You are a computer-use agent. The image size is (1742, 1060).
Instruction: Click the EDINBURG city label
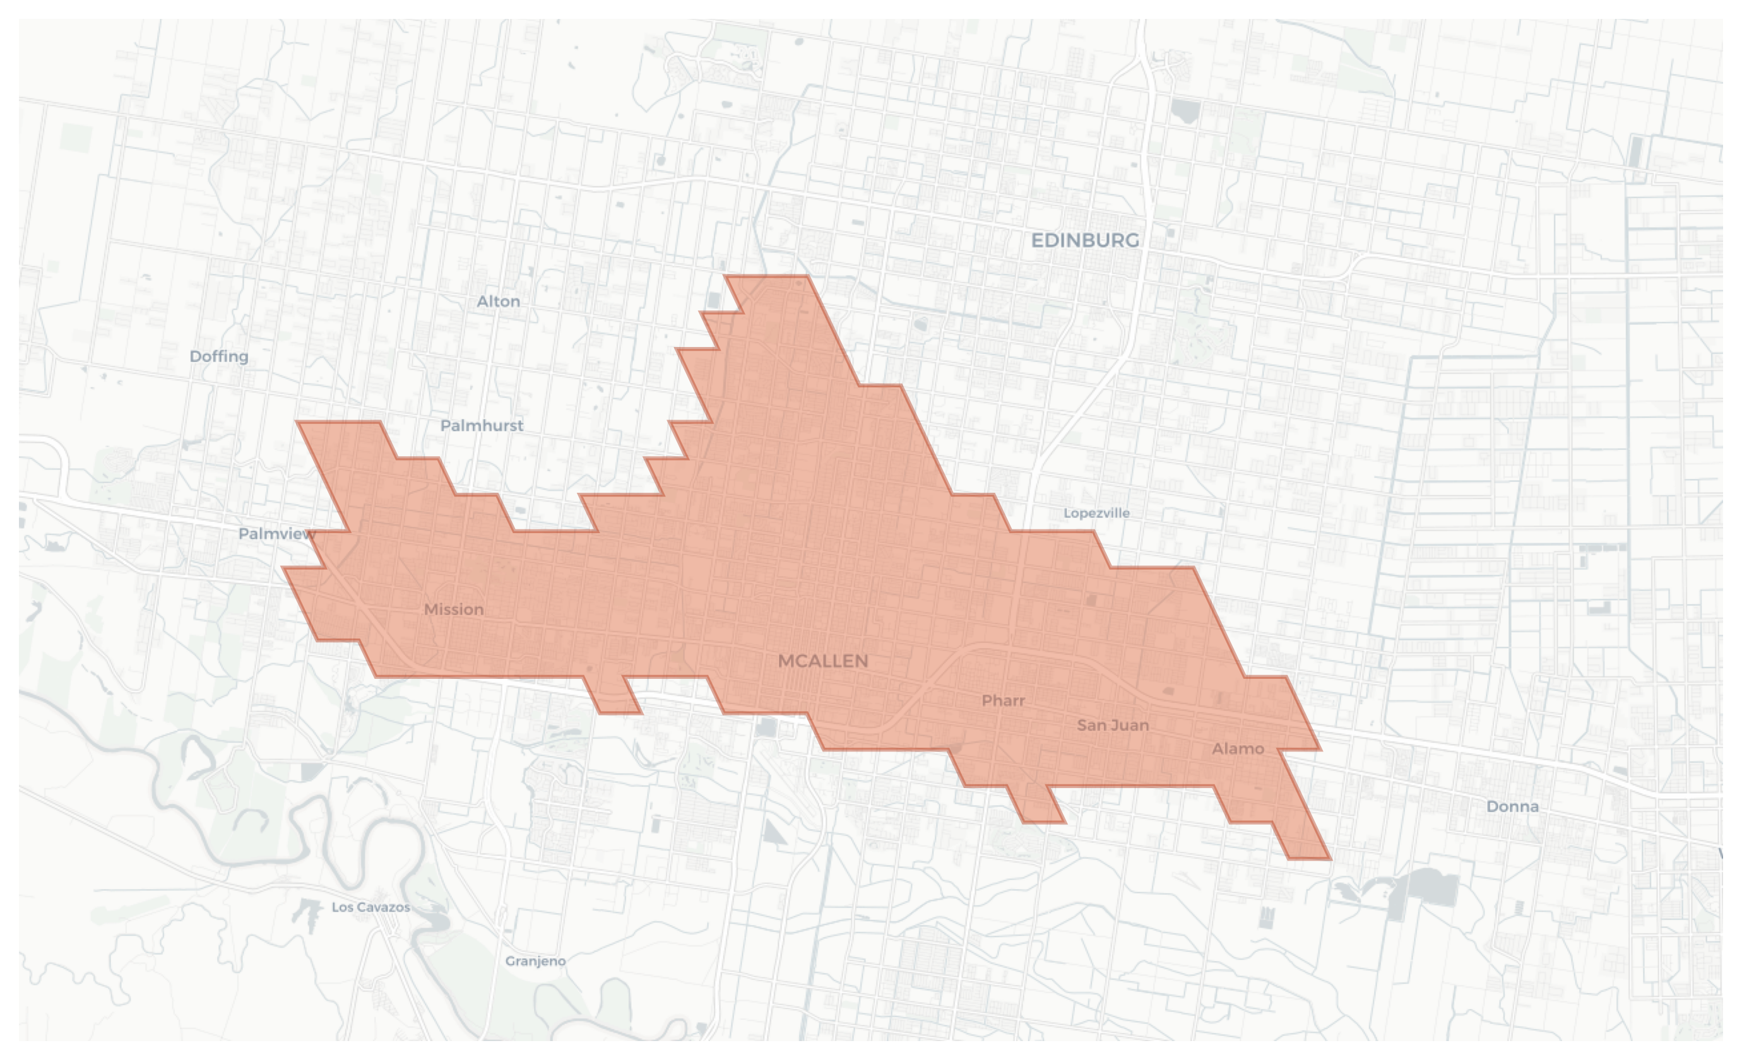(1084, 240)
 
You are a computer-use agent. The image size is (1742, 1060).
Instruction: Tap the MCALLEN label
(822, 661)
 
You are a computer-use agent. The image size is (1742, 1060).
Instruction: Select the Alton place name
(499, 301)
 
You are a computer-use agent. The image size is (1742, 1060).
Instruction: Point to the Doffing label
(218, 356)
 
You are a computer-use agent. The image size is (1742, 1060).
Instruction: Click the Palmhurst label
(482, 425)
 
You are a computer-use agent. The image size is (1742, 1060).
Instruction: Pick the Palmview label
(276, 534)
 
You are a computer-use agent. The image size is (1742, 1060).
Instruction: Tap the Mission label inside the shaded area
(454, 609)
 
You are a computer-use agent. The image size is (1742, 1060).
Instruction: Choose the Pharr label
(1002, 700)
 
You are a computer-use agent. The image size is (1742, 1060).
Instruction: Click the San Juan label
(1112, 725)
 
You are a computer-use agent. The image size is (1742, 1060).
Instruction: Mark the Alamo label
(1237, 748)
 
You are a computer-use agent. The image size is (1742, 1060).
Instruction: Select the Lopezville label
(1096, 513)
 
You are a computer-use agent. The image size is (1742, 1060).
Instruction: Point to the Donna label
(1512, 806)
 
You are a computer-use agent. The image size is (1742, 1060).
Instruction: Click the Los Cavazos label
(370, 907)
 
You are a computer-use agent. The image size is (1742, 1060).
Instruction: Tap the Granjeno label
(535, 961)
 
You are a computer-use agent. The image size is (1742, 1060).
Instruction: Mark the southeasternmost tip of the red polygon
(1329, 858)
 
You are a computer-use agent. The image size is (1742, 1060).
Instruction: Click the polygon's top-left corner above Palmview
(299, 423)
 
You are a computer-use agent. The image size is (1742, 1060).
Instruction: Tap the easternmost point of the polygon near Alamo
(1319, 748)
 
